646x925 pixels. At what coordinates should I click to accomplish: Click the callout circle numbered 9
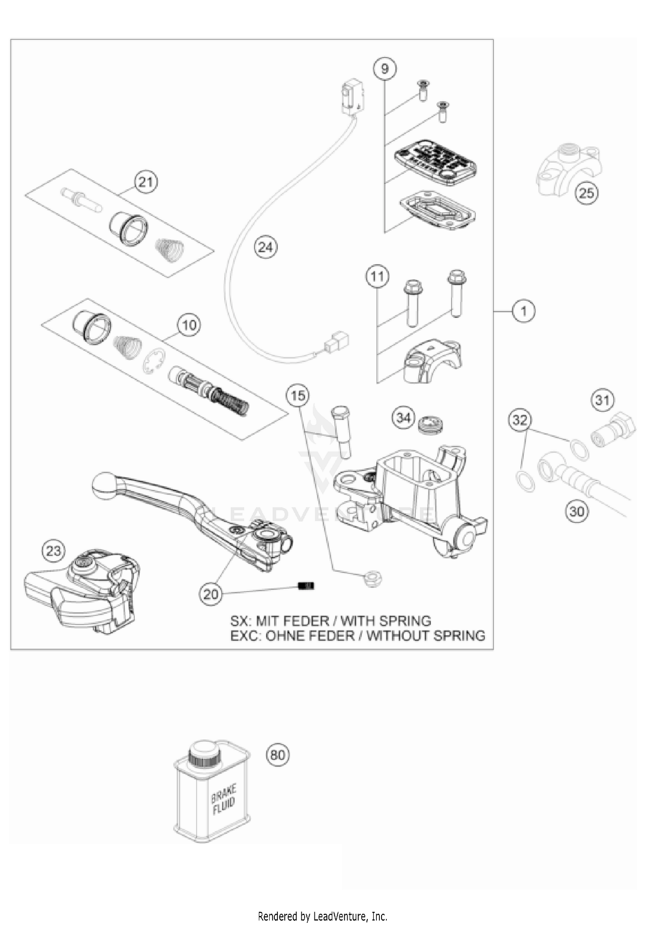[385, 69]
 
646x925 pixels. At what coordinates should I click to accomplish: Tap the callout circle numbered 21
[146, 182]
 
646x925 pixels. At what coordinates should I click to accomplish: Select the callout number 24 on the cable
[266, 247]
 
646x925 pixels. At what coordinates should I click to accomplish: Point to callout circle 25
[587, 193]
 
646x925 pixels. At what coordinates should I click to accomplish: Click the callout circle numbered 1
[524, 311]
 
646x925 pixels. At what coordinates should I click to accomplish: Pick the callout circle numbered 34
[403, 418]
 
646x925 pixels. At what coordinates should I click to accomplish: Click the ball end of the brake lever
[102, 486]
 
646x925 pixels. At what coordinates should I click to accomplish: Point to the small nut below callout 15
[372, 579]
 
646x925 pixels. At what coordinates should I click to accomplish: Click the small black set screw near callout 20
[307, 586]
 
